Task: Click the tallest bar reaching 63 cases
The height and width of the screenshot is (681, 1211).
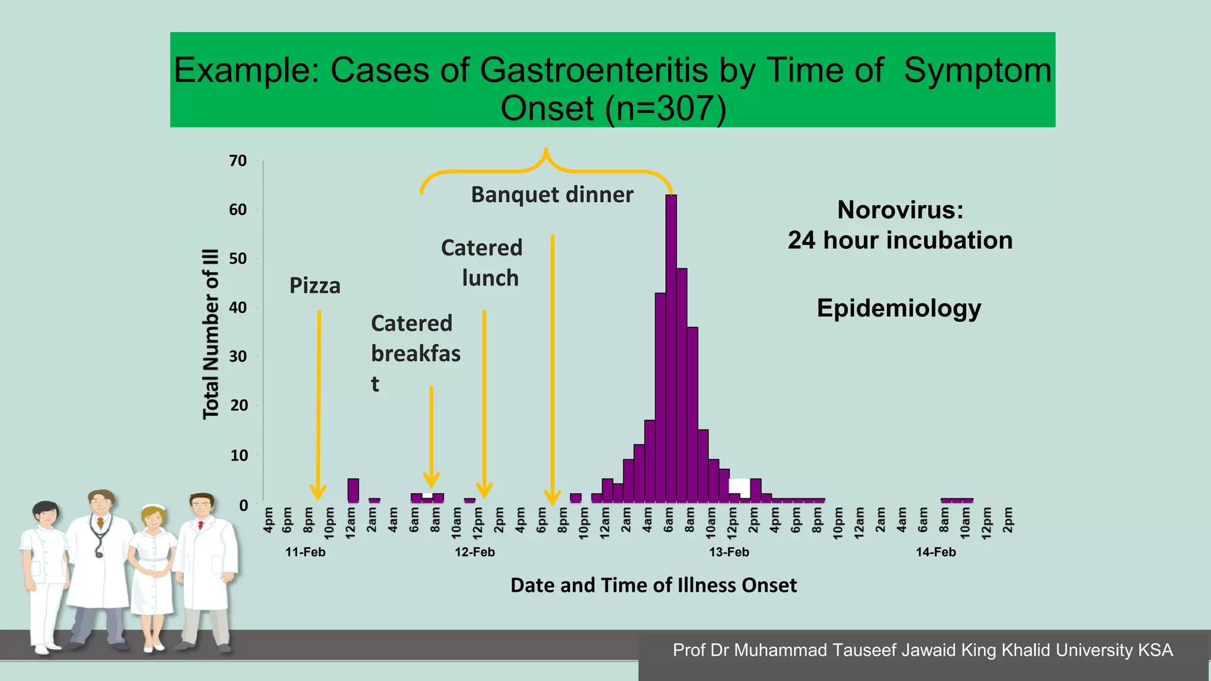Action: tap(671, 349)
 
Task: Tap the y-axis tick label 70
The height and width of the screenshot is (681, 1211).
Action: tap(238, 161)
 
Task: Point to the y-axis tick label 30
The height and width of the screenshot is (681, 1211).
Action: tap(238, 356)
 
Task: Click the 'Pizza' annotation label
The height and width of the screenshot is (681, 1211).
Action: tap(315, 286)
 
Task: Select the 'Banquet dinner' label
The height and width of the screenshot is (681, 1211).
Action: tap(552, 195)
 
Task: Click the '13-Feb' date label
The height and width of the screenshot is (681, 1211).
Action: tap(729, 552)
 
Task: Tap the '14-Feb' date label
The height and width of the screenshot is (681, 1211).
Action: tap(935, 552)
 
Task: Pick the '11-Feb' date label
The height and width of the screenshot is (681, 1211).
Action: tap(305, 552)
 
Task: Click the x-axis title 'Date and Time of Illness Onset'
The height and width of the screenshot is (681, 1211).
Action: tap(653, 585)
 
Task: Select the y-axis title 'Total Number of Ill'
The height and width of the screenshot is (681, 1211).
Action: tap(211, 334)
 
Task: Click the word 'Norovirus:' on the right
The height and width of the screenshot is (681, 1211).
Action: tap(900, 210)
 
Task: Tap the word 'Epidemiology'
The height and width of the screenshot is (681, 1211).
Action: tap(899, 309)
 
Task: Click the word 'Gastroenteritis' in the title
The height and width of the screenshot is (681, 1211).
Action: tap(594, 70)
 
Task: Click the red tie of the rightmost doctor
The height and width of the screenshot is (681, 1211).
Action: tap(201, 525)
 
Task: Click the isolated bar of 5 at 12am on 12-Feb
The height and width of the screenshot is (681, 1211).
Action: tap(353, 491)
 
